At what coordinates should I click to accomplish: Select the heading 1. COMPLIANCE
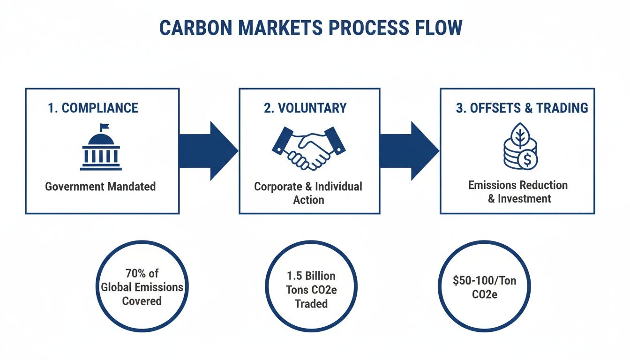tap(93, 108)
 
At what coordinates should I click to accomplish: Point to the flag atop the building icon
tap(104, 127)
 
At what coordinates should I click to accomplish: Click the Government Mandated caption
tap(100, 187)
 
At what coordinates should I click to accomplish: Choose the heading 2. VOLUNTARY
tap(305, 108)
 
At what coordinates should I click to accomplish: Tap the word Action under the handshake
tap(308, 200)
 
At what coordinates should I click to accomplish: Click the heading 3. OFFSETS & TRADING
tap(522, 108)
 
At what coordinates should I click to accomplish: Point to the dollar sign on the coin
tap(528, 160)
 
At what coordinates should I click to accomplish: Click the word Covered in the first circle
tap(142, 301)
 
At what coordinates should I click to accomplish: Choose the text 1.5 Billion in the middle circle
tap(311, 276)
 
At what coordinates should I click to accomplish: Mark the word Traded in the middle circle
tap(311, 304)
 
